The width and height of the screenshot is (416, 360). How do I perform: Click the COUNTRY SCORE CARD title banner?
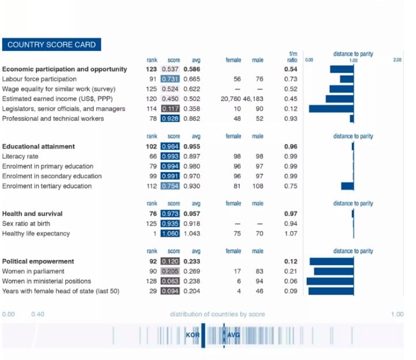(x=51, y=44)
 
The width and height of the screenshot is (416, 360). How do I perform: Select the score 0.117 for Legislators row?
(x=170, y=109)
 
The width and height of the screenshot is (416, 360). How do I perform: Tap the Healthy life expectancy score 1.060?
(x=170, y=233)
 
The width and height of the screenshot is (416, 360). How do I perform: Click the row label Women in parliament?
(x=33, y=271)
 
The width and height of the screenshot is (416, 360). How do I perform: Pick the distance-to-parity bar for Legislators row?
(x=332, y=109)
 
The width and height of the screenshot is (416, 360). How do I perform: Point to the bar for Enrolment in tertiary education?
(x=348, y=186)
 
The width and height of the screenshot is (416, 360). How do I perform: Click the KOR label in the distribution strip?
(x=192, y=335)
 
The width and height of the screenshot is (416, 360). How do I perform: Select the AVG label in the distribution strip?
(x=233, y=335)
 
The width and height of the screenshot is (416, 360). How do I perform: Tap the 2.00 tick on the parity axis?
(x=397, y=60)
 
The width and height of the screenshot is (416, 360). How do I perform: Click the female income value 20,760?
(x=231, y=99)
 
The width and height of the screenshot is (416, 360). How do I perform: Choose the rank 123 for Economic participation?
(x=151, y=69)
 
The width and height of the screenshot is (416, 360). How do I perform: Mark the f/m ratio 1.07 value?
(x=291, y=233)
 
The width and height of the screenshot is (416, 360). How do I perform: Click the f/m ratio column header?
(x=292, y=57)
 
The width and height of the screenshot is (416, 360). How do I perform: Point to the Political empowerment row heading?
(x=38, y=261)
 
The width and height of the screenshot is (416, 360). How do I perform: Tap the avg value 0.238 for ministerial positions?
(x=192, y=281)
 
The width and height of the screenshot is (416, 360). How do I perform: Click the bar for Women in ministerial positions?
(x=330, y=281)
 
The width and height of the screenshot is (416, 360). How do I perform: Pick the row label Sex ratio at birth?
(x=26, y=224)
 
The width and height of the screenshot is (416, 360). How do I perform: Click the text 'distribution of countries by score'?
(x=218, y=314)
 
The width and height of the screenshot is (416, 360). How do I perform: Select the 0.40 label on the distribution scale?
(x=38, y=314)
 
